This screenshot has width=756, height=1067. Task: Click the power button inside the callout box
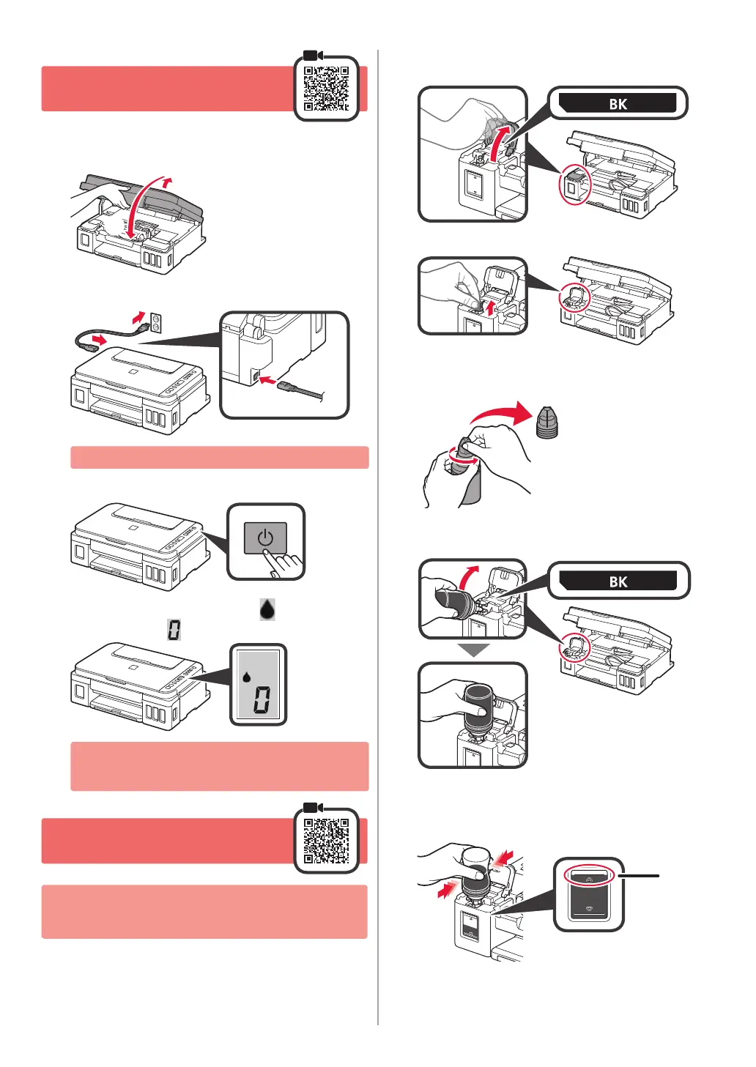pyautogui.click(x=264, y=538)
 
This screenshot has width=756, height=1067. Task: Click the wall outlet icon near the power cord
pyautogui.click(x=156, y=321)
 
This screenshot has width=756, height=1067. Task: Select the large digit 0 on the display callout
pyautogui.click(x=262, y=700)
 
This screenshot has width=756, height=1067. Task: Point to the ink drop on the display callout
pyautogui.click(x=247, y=677)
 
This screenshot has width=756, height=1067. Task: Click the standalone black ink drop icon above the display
pyautogui.click(x=267, y=609)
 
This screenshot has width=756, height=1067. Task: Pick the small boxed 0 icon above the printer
pyautogui.click(x=174, y=629)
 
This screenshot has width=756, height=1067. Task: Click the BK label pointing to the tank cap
pyautogui.click(x=618, y=103)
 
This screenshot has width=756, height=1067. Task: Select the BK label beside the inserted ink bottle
pyautogui.click(x=618, y=581)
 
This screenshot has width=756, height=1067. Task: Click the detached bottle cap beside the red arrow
pyautogui.click(x=546, y=423)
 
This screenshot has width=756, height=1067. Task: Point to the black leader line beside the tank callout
pyautogui.click(x=639, y=875)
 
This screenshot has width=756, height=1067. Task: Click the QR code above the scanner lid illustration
pyautogui.click(x=326, y=89)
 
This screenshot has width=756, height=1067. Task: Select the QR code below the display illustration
pyautogui.click(x=326, y=841)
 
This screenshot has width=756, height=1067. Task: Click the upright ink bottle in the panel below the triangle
pyautogui.click(x=478, y=710)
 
